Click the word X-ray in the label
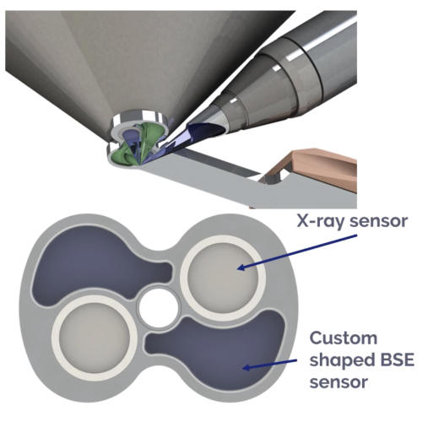tap(320, 221)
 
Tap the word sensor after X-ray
tap(378, 221)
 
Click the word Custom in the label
tap(344, 338)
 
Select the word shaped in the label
tap(339, 361)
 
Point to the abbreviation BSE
tap(395, 360)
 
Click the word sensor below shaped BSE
tap(339, 382)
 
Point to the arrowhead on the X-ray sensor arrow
tap(241, 267)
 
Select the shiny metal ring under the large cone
tap(138, 117)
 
